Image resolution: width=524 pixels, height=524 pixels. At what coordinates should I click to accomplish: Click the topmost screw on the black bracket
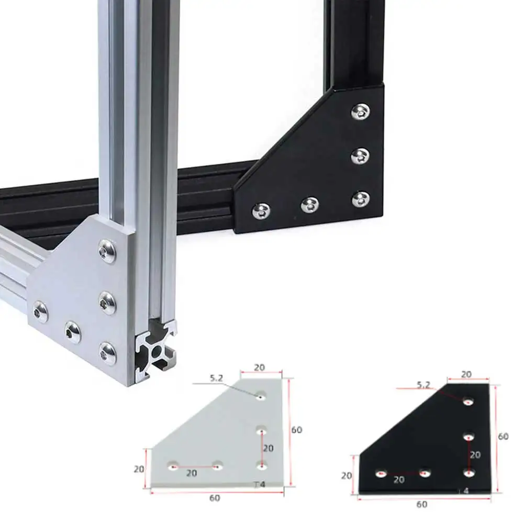(x=360, y=111)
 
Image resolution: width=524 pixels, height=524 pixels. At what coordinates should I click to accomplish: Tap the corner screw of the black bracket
(x=360, y=199)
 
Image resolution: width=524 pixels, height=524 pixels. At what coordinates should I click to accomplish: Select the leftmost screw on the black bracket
(x=261, y=210)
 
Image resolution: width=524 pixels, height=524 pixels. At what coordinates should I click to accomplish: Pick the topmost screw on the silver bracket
(x=107, y=251)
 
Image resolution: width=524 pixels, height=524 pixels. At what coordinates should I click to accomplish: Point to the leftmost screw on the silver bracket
(x=40, y=312)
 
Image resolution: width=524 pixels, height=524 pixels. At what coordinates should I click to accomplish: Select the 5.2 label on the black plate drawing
(x=423, y=385)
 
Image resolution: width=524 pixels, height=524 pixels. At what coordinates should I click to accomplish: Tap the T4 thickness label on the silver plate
(x=260, y=484)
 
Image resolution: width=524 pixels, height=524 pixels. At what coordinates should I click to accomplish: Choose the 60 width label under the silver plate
(x=215, y=498)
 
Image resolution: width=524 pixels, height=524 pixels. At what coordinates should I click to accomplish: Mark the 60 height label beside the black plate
(x=503, y=436)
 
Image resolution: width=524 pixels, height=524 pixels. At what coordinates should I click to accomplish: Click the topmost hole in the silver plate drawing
(x=260, y=396)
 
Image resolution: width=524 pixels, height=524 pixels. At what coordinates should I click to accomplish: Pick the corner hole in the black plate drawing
(x=469, y=473)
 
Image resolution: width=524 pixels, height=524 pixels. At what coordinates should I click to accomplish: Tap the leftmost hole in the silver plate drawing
(x=172, y=465)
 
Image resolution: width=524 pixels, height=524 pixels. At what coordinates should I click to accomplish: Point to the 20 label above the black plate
(x=466, y=374)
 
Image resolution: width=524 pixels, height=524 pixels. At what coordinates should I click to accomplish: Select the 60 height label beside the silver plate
(x=296, y=430)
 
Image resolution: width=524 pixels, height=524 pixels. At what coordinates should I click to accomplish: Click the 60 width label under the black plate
(x=422, y=505)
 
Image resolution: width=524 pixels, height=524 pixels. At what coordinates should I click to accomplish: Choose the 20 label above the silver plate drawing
(x=259, y=367)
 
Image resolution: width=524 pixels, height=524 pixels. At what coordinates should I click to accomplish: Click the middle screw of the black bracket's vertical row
(x=360, y=155)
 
